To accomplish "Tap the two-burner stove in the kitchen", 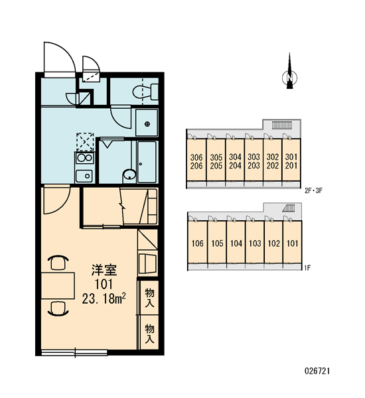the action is [84, 158].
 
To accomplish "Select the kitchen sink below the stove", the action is [84, 175].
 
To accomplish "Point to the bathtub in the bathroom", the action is [147, 162].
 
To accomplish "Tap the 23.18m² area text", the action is [104, 298].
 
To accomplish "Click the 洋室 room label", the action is [104, 270].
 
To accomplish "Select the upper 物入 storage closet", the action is [149, 298].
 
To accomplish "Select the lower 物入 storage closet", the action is [149, 333].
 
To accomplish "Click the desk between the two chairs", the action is [58, 285].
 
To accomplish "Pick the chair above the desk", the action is [58, 262].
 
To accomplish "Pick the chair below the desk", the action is [58, 308].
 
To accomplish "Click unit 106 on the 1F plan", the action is [198, 243].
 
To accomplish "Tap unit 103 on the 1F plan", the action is [255, 243].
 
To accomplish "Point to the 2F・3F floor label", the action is [313, 190].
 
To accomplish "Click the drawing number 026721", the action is [317, 371].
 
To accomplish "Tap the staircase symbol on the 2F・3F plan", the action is [282, 125].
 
